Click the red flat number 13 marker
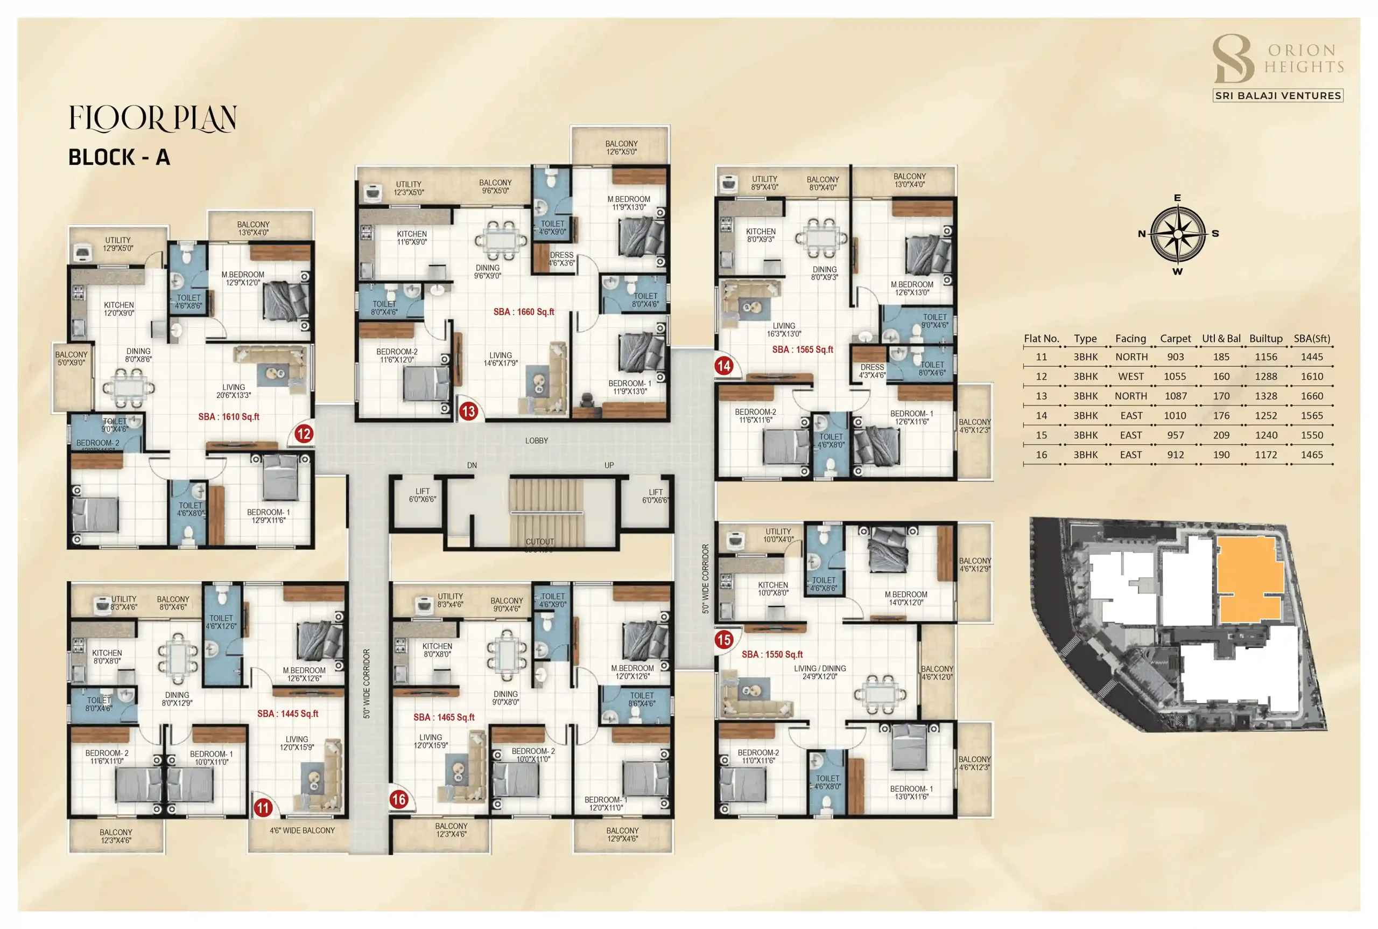pos(468,411)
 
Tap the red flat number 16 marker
pos(398,799)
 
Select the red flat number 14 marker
pos(723,366)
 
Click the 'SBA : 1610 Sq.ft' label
pos(229,416)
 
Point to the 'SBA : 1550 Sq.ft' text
pos(772,654)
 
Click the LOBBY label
pos(537,441)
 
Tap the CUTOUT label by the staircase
pos(539,542)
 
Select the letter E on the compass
pos(1177,198)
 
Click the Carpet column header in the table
pos(1175,338)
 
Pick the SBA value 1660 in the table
pos(1312,396)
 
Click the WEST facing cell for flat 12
pos(1130,376)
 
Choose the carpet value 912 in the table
pos(1175,455)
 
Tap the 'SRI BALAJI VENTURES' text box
pos(1277,95)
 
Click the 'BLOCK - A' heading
pos(119,157)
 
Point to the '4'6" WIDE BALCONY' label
pos(302,830)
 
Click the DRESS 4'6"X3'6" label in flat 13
pos(561,259)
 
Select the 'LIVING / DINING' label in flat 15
pos(820,668)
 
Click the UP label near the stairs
pos(609,465)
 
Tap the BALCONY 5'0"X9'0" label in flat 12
pos(71,359)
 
